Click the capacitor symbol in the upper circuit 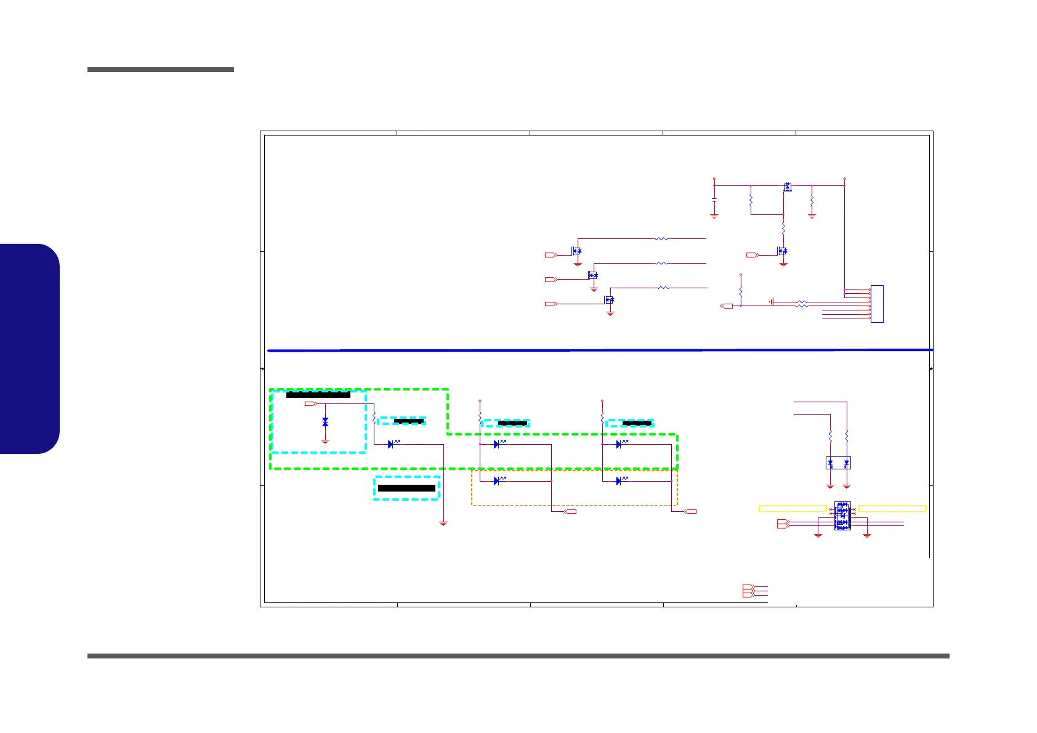714,200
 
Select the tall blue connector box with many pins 877,304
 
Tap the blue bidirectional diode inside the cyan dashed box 325,422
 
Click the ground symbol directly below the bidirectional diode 325,442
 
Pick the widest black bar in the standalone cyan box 406,488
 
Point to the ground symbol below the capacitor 714,216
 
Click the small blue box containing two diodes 838,463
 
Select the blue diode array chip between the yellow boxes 842,516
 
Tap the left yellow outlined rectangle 792,508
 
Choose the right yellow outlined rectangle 892,508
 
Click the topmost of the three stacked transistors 576,251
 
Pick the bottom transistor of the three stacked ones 610,301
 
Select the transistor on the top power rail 788,187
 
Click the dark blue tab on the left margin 30,349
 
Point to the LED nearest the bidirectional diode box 391,444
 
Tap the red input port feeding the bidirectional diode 310,404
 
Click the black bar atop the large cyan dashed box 318,394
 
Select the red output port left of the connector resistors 727,306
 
